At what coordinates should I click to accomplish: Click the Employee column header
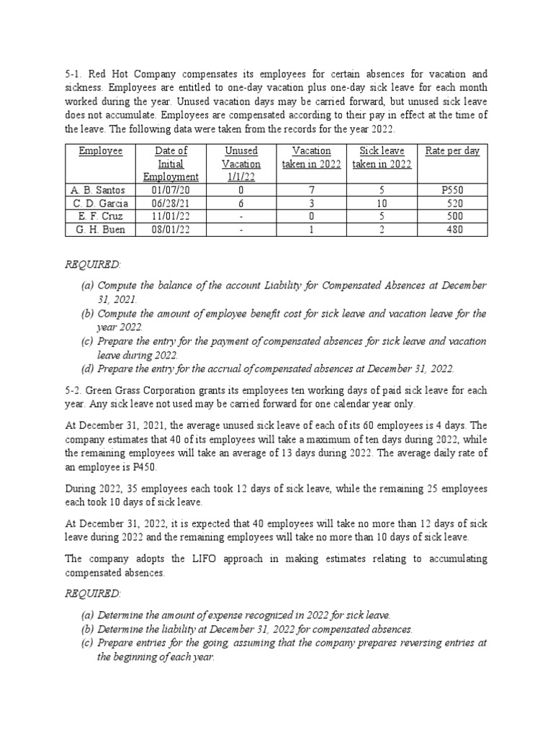click(101, 151)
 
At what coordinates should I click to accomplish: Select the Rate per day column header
click(452, 151)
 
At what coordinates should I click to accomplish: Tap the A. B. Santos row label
click(98, 191)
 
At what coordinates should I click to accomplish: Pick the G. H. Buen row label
click(99, 230)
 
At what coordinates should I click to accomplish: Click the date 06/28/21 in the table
click(171, 204)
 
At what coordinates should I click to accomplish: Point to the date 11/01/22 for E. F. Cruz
click(171, 217)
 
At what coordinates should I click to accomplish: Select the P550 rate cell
click(453, 191)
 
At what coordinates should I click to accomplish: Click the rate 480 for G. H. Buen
click(453, 230)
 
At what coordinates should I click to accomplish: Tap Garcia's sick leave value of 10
click(382, 204)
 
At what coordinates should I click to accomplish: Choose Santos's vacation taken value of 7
click(312, 191)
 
